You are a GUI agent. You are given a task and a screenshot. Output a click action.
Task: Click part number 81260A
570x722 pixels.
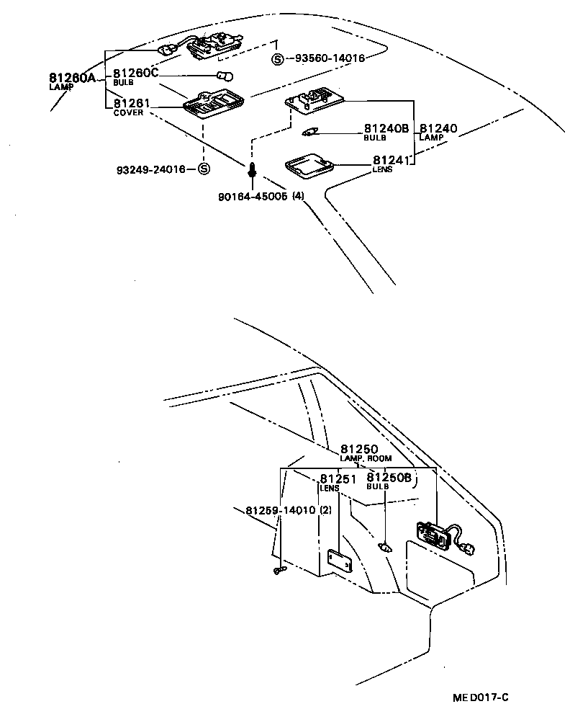(72, 78)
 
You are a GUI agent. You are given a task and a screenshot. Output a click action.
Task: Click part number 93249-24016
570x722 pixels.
(150, 169)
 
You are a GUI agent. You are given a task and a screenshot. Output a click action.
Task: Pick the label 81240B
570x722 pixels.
(386, 128)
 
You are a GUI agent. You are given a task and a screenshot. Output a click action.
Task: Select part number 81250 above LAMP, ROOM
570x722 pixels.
(359, 449)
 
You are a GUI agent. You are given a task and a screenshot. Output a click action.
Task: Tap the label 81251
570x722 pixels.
(339, 479)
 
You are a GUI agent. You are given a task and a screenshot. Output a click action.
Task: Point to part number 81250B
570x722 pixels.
(389, 477)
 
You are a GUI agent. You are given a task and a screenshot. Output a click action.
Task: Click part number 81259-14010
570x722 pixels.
(280, 511)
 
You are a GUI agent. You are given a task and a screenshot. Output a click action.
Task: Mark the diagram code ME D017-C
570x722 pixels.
(480, 697)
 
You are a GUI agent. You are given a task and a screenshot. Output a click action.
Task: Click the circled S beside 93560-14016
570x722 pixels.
(277, 59)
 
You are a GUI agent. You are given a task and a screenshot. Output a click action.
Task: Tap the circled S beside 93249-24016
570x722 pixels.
(203, 169)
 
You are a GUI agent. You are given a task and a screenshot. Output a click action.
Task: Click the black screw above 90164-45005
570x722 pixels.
(252, 171)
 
